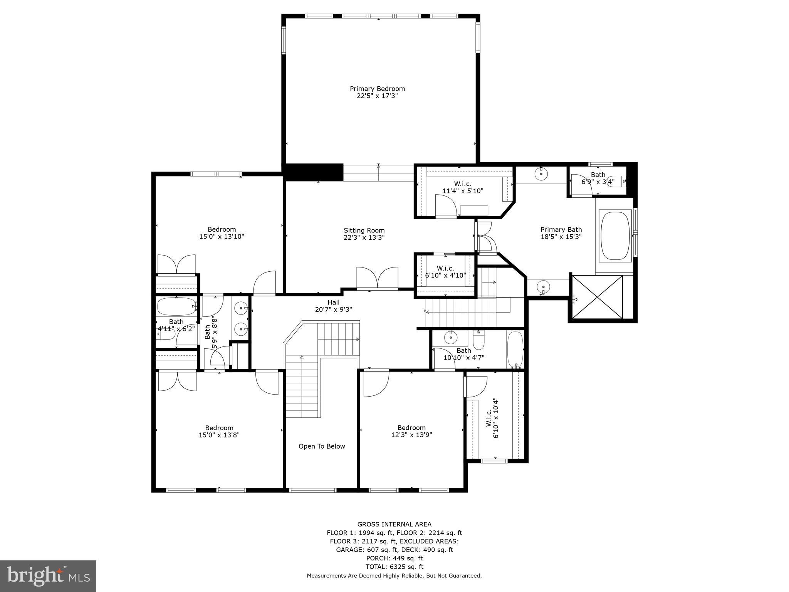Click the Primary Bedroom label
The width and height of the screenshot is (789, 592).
(x=377, y=89)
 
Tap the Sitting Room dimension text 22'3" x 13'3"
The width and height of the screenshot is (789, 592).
(x=364, y=238)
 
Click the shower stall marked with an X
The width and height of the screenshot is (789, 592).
(x=598, y=297)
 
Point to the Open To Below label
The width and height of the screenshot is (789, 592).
(x=322, y=446)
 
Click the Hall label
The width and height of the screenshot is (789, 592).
(x=334, y=303)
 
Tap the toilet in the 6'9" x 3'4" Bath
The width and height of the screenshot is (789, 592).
(x=618, y=181)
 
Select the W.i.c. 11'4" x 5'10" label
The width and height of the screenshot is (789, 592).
(x=462, y=187)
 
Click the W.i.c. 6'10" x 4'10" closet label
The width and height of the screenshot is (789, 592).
(x=445, y=272)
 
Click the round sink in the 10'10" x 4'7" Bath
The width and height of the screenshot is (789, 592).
(x=450, y=338)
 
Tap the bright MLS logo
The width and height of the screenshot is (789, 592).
(x=48, y=576)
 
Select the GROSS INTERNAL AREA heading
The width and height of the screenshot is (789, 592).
(x=394, y=524)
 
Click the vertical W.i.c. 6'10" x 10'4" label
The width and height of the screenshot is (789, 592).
(x=492, y=418)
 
